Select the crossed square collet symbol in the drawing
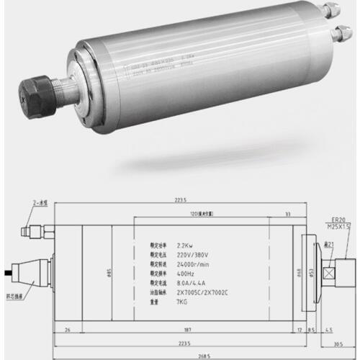tap(333, 274)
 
